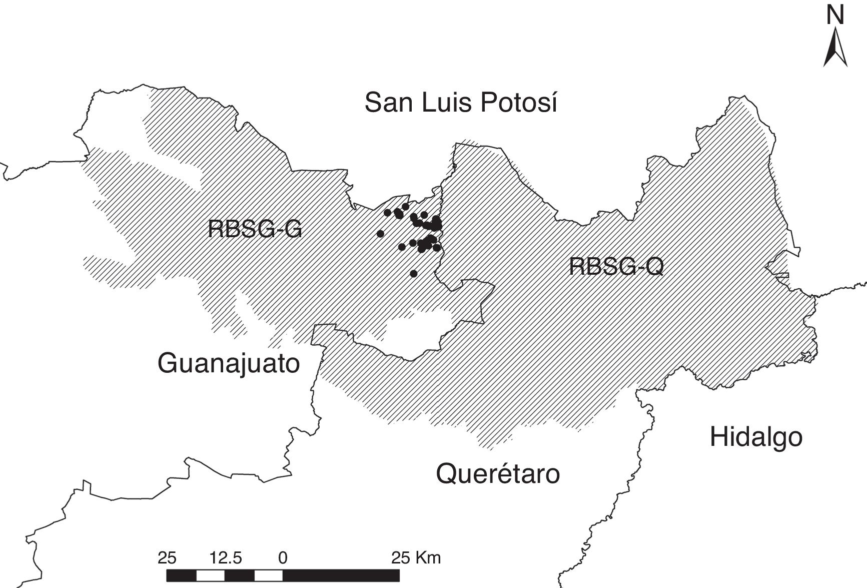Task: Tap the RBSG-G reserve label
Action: click(x=255, y=230)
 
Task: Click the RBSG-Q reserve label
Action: click(x=616, y=266)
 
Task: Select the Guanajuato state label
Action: click(x=229, y=363)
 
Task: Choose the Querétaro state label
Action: click(x=498, y=473)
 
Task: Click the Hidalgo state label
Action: click(x=756, y=437)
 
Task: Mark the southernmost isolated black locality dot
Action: click(x=413, y=274)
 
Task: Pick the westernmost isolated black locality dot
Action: click(x=380, y=234)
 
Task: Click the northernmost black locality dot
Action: click(x=405, y=207)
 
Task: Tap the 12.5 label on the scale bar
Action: click(x=226, y=557)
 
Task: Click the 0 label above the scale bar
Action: click(x=283, y=557)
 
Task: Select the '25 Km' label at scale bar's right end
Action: click(x=416, y=557)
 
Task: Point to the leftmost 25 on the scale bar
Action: click(x=167, y=557)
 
